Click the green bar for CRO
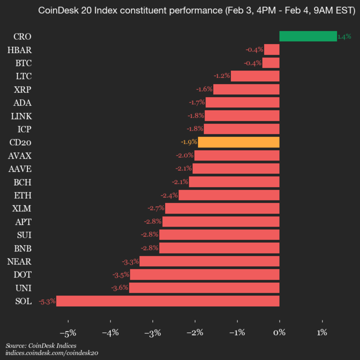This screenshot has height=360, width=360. (307, 36)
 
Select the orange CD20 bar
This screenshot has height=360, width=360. (238, 142)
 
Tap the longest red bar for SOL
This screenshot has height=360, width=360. (167, 301)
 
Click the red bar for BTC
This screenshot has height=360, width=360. (270, 62)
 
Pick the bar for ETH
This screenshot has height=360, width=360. (228, 195)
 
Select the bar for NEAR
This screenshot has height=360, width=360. (209, 261)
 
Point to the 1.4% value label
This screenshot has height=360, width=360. (344, 36)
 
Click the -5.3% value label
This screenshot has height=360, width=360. (47, 301)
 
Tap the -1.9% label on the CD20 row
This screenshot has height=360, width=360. (189, 142)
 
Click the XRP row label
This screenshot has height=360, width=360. (23, 89)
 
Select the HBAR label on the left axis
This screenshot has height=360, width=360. (19, 49)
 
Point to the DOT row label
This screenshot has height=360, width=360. (22, 274)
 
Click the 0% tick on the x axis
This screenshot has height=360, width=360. (279, 332)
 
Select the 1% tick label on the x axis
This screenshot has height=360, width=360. (322, 332)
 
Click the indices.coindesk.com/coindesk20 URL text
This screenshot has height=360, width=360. (51, 353)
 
